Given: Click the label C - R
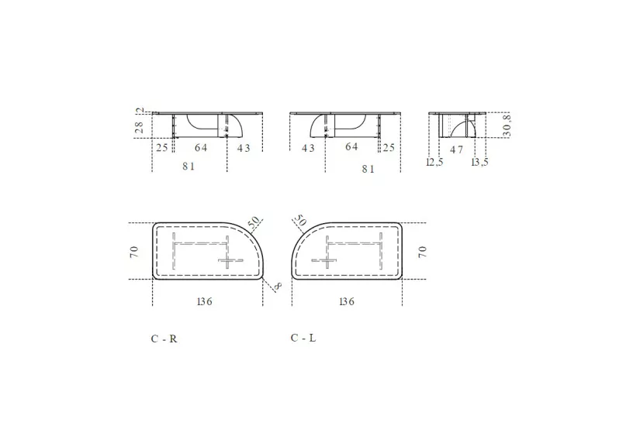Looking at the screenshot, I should pos(164,338).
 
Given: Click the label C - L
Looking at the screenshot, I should pos(303,338).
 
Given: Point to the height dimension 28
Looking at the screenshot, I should pos(140,129).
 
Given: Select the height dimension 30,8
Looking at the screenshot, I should pos(507,125).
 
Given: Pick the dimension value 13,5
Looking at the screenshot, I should pos(480,162).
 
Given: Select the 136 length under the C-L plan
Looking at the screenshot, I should pos(346,301).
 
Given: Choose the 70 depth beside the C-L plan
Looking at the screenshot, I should pos(423,251).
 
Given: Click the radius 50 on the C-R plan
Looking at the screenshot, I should pos(254,223).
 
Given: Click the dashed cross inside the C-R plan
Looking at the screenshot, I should pos(228,259).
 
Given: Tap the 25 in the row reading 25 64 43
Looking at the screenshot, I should pos(162,148).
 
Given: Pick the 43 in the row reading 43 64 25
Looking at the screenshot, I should pos(308,148).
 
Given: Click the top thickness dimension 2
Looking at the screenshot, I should pos(140,112).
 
